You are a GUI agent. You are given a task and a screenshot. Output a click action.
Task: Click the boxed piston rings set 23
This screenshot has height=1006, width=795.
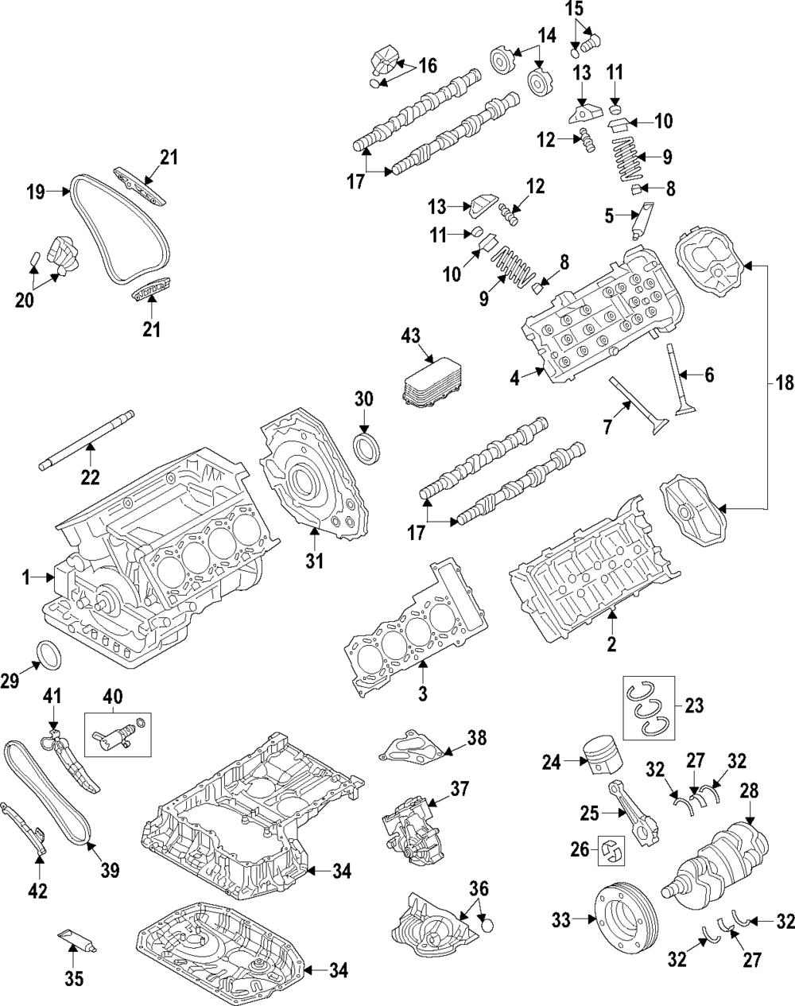[x=647, y=705]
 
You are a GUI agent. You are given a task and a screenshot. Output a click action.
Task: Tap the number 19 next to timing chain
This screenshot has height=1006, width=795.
[x=33, y=191]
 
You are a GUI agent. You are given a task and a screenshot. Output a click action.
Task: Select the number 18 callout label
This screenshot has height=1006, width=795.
[x=785, y=383]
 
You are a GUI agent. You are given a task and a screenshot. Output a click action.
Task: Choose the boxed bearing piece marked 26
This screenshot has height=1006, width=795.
[x=613, y=852]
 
